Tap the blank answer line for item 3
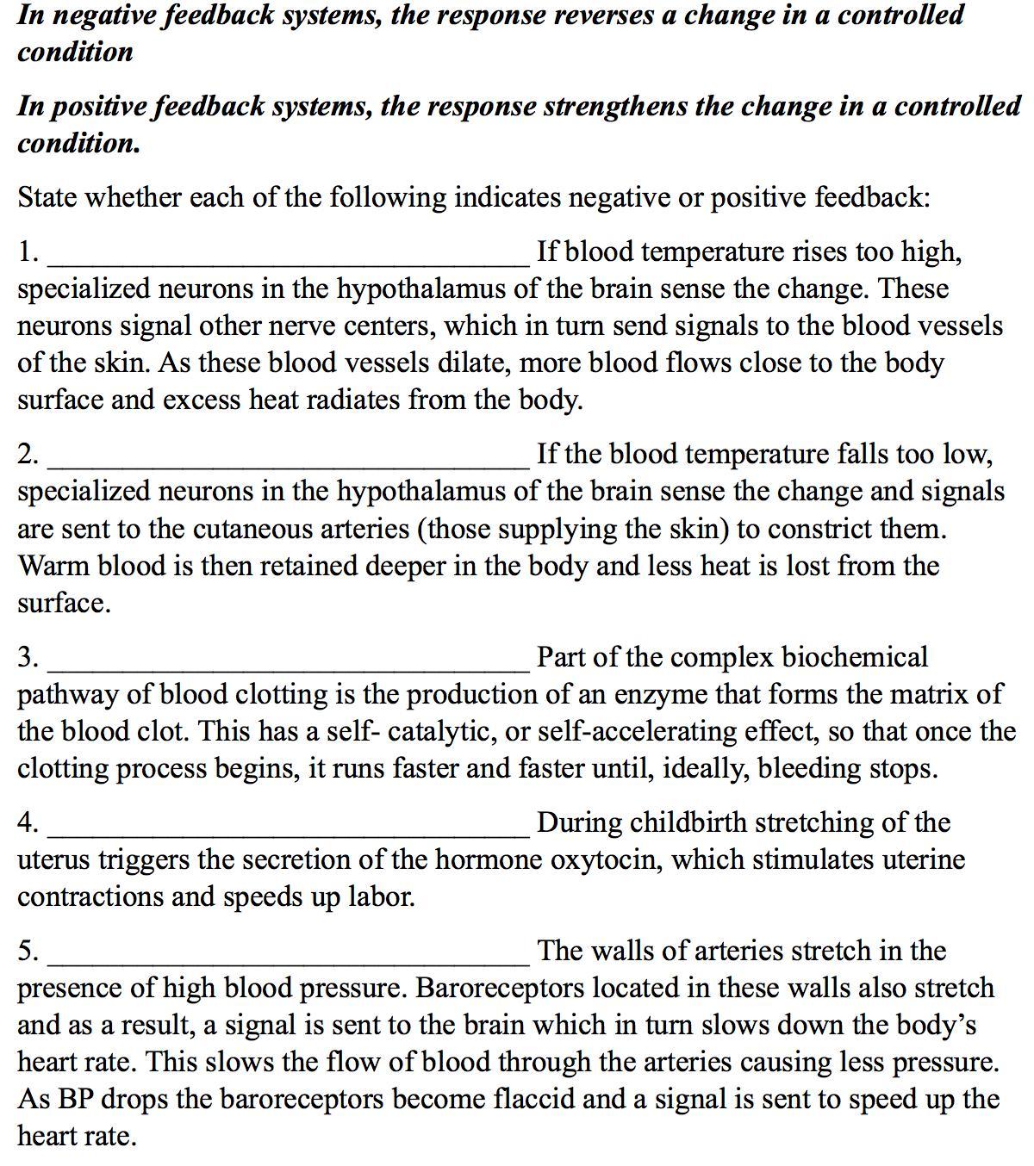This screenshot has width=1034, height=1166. point(289,666)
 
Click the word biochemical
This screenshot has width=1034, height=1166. point(855,657)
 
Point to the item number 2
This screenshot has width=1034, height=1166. point(27,454)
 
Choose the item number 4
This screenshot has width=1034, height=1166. point(27,822)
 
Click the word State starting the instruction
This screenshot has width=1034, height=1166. point(47,197)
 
